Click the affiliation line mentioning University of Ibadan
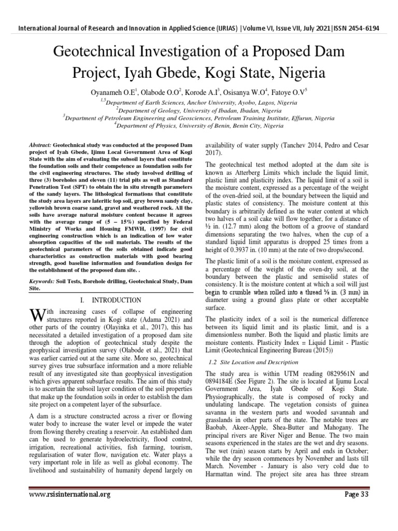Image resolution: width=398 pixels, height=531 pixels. [x=199, y=110]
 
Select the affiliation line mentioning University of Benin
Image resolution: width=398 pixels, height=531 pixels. [x=199, y=125]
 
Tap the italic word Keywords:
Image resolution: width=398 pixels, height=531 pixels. [x=41, y=281]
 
